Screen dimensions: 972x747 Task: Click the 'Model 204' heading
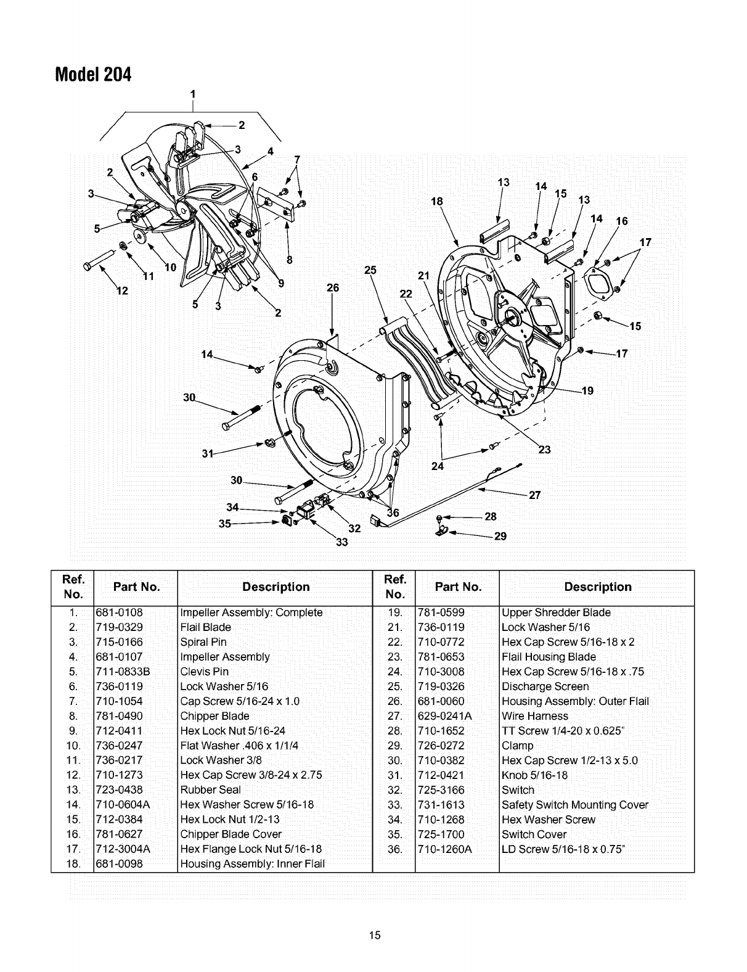[x=93, y=75]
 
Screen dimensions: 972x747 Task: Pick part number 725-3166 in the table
[x=441, y=790]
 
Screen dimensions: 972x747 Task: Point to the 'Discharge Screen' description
[x=545, y=686]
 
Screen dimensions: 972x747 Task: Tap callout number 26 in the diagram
[x=333, y=287]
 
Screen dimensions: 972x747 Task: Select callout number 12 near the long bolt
[x=122, y=291]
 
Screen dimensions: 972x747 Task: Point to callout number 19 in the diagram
[x=587, y=390]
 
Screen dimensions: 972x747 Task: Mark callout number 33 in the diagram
[x=341, y=543]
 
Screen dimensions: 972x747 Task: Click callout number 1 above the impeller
[x=193, y=94]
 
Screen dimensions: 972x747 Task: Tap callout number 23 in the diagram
[x=544, y=450]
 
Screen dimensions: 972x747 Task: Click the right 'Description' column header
[x=597, y=587]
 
